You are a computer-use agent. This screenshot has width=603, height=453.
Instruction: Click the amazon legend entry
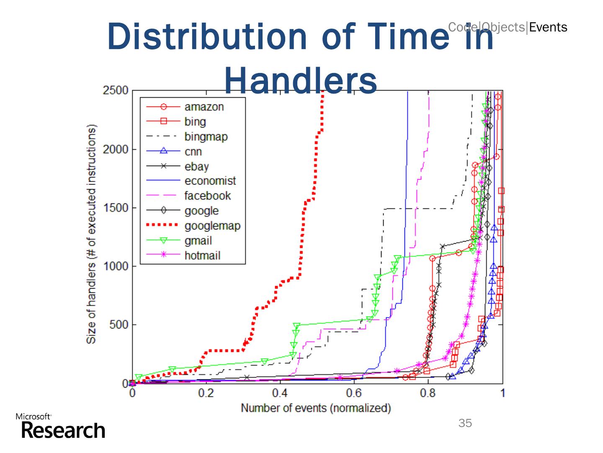tap(204, 107)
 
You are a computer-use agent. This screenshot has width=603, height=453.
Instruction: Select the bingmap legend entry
tap(206, 137)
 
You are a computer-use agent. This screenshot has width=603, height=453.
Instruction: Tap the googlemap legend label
tap(212, 226)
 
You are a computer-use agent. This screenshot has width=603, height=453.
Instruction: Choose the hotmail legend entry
tap(202, 256)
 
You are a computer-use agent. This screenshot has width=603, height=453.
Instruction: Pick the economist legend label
tap(210, 181)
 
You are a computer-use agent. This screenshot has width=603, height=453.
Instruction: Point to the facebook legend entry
tap(207, 196)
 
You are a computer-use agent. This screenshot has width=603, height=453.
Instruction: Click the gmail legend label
tap(198, 241)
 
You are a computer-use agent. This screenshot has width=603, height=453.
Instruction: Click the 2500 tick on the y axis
tap(116, 91)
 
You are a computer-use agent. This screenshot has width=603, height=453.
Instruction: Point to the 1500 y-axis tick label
tap(116, 208)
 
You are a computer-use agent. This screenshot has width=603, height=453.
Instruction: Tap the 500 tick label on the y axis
tap(119, 325)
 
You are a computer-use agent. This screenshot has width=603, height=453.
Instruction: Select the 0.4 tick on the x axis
tap(280, 393)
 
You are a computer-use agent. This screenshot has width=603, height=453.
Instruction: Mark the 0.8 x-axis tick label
tap(428, 393)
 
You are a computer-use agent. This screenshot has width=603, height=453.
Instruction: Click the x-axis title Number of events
tap(316, 408)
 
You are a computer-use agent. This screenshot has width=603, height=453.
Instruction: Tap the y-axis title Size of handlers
tap(91, 234)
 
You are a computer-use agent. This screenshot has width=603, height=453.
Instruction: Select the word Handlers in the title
tap(301, 81)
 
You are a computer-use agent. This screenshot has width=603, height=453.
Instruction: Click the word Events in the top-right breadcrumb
tap(548, 28)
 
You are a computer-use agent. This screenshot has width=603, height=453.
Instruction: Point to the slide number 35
tap(465, 423)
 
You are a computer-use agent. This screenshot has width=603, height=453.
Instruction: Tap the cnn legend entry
tap(193, 151)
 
